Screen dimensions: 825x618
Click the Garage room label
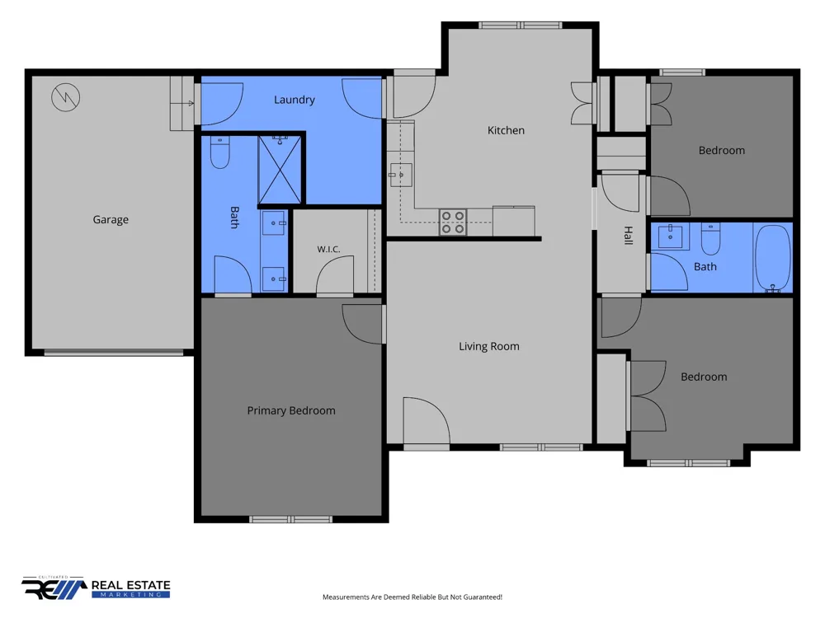(111, 220)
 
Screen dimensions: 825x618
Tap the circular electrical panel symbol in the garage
(66, 97)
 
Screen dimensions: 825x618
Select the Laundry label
(295, 100)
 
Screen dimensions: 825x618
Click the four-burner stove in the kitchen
(453, 222)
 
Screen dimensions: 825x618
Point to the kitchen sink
(400, 175)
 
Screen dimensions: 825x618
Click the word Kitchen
(506, 130)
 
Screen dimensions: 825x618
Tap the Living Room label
(488, 346)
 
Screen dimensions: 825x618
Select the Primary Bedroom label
(291, 411)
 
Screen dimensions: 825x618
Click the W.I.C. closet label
(328, 249)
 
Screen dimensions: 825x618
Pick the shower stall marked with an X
(280, 169)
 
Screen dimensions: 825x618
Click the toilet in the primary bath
(220, 152)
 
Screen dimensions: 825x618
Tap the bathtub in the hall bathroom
(772, 257)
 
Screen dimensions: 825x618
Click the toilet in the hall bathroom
(711, 239)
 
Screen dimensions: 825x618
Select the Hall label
(628, 236)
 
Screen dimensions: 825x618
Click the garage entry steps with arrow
(182, 104)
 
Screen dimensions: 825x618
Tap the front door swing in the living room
(427, 420)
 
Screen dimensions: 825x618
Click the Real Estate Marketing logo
(96, 588)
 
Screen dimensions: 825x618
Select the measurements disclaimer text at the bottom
(412, 597)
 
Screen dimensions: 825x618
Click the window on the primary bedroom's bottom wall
(291, 519)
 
